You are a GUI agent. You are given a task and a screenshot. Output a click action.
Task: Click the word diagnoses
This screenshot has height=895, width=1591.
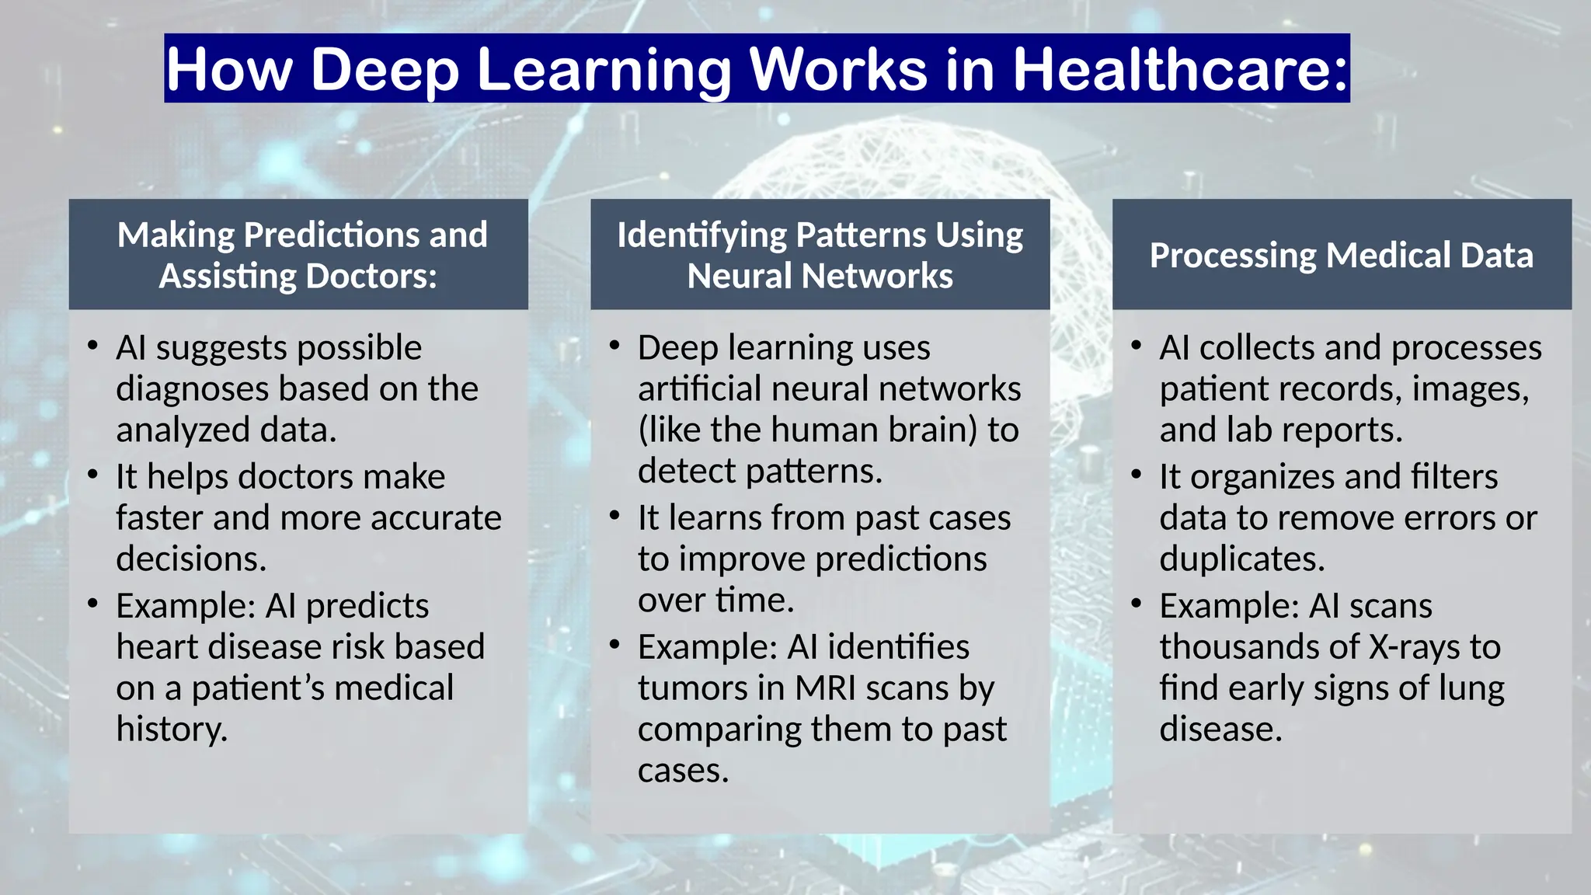tap(193, 388)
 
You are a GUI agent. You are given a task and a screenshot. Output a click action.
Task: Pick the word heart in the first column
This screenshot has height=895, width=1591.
tap(151, 646)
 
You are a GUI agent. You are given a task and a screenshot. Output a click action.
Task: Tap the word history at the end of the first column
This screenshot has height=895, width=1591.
tap(171, 729)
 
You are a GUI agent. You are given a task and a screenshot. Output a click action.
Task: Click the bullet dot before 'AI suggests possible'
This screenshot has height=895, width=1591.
tap(93, 345)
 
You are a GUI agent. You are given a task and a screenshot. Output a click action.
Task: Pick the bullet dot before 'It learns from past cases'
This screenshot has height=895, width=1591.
tap(614, 515)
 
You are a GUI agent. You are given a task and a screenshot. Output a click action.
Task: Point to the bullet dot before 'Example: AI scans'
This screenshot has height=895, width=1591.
tap(1137, 603)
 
